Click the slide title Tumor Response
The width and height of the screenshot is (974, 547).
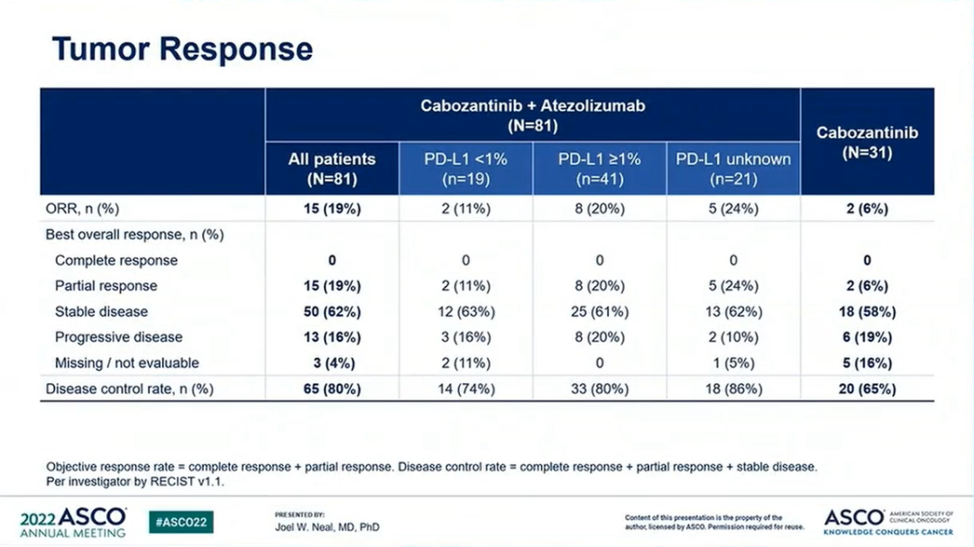click(x=182, y=49)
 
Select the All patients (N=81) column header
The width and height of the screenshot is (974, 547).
click(x=332, y=169)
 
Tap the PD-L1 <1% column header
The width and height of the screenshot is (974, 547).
click(x=465, y=169)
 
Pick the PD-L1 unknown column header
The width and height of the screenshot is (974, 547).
click(x=733, y=169)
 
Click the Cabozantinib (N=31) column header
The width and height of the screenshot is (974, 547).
click(x=867, y=142)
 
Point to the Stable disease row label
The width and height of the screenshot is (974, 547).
click(x=101, y=312)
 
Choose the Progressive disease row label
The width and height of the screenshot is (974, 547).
click(x=118, y=337)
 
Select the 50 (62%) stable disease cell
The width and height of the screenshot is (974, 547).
click(x=332, y=312)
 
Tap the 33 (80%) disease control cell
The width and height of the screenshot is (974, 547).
click(x=599, y=389)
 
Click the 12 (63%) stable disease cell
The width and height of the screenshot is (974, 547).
click(x=465, y=312)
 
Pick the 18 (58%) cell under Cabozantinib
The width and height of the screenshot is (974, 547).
click(x=867, y=312)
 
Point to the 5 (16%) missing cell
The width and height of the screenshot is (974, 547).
click(x=867, y=363)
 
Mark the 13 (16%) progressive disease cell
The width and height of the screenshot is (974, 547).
click(x=332, y=337)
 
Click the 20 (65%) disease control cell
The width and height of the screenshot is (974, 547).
click(x=867, y=389)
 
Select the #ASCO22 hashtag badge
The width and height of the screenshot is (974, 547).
click(x=181, y=522)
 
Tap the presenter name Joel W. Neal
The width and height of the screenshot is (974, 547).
click(x=327, y=527)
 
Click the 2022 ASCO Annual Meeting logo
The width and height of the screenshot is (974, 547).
click(x=73, y=522)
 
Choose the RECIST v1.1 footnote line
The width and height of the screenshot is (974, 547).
click(x=135, y=482)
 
